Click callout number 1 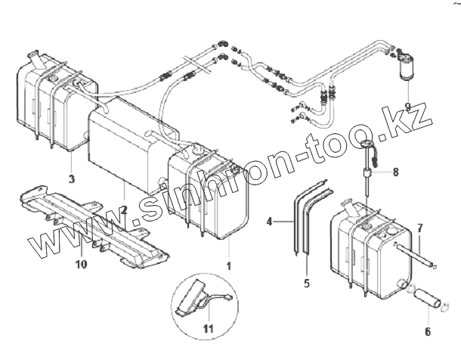coord(228,265)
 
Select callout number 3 coord(71,179)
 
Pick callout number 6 coord(427,331)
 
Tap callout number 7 coord(420,227)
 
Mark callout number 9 coord(407,105)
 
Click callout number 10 coord(82,264)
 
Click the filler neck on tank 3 coord(36,57)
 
